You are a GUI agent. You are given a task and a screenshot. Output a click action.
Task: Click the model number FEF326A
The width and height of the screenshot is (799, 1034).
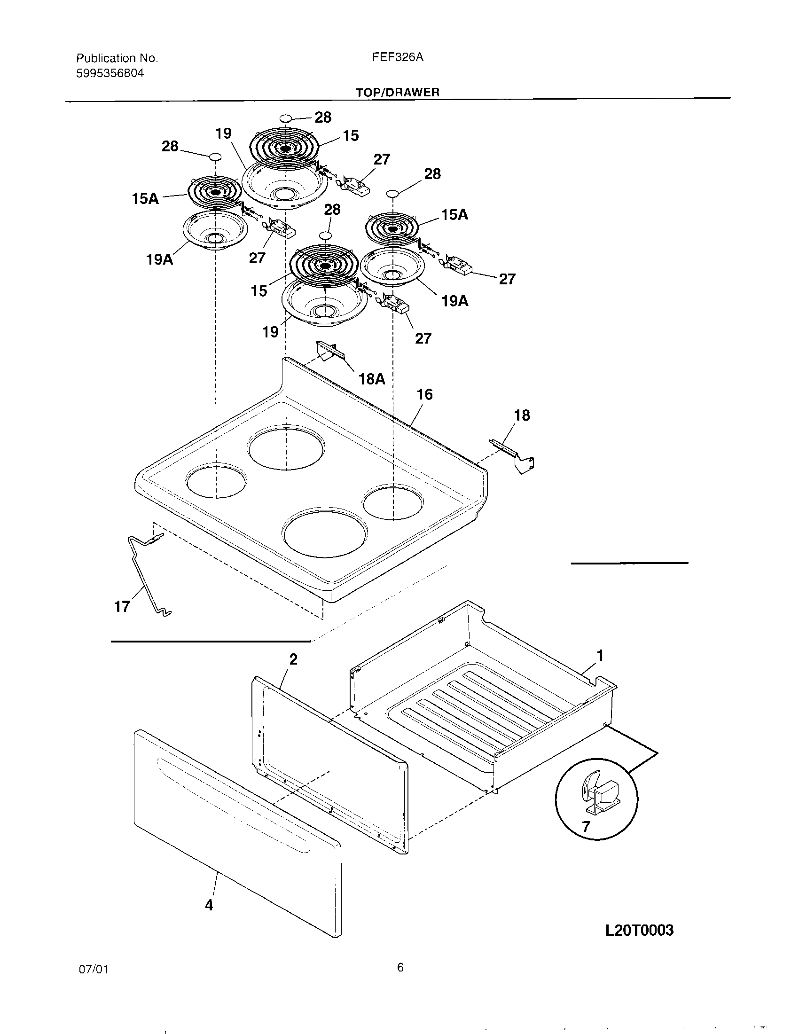tap(398, 57)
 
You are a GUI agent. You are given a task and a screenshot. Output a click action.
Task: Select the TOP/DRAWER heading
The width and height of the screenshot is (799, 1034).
tap(398, 92)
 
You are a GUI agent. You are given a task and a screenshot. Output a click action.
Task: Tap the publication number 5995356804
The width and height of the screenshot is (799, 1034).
tap(110, 73)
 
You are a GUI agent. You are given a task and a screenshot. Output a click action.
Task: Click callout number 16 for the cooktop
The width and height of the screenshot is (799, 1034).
tap(424, 394)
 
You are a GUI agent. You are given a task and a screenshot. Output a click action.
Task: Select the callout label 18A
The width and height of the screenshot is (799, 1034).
tap(372, 379)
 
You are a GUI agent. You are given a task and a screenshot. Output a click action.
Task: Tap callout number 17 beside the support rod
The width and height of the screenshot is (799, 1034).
tap(122, 606)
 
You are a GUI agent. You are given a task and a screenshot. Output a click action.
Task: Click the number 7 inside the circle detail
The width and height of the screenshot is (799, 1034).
tap(586, 827)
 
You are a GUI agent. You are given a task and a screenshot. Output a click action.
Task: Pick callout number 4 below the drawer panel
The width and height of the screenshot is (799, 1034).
tap(209, 905)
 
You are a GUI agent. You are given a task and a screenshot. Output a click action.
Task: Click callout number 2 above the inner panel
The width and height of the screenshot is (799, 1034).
tap(293, 659)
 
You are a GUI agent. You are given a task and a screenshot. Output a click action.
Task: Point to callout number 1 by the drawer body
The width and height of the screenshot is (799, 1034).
tap(600, 656)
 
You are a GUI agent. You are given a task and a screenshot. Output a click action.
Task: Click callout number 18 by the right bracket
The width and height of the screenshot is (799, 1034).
tap(522, 415)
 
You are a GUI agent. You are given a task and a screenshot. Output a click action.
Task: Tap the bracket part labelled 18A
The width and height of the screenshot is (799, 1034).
tap(326, 351)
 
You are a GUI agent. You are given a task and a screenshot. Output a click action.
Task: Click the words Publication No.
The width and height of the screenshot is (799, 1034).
tap(117, 58)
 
